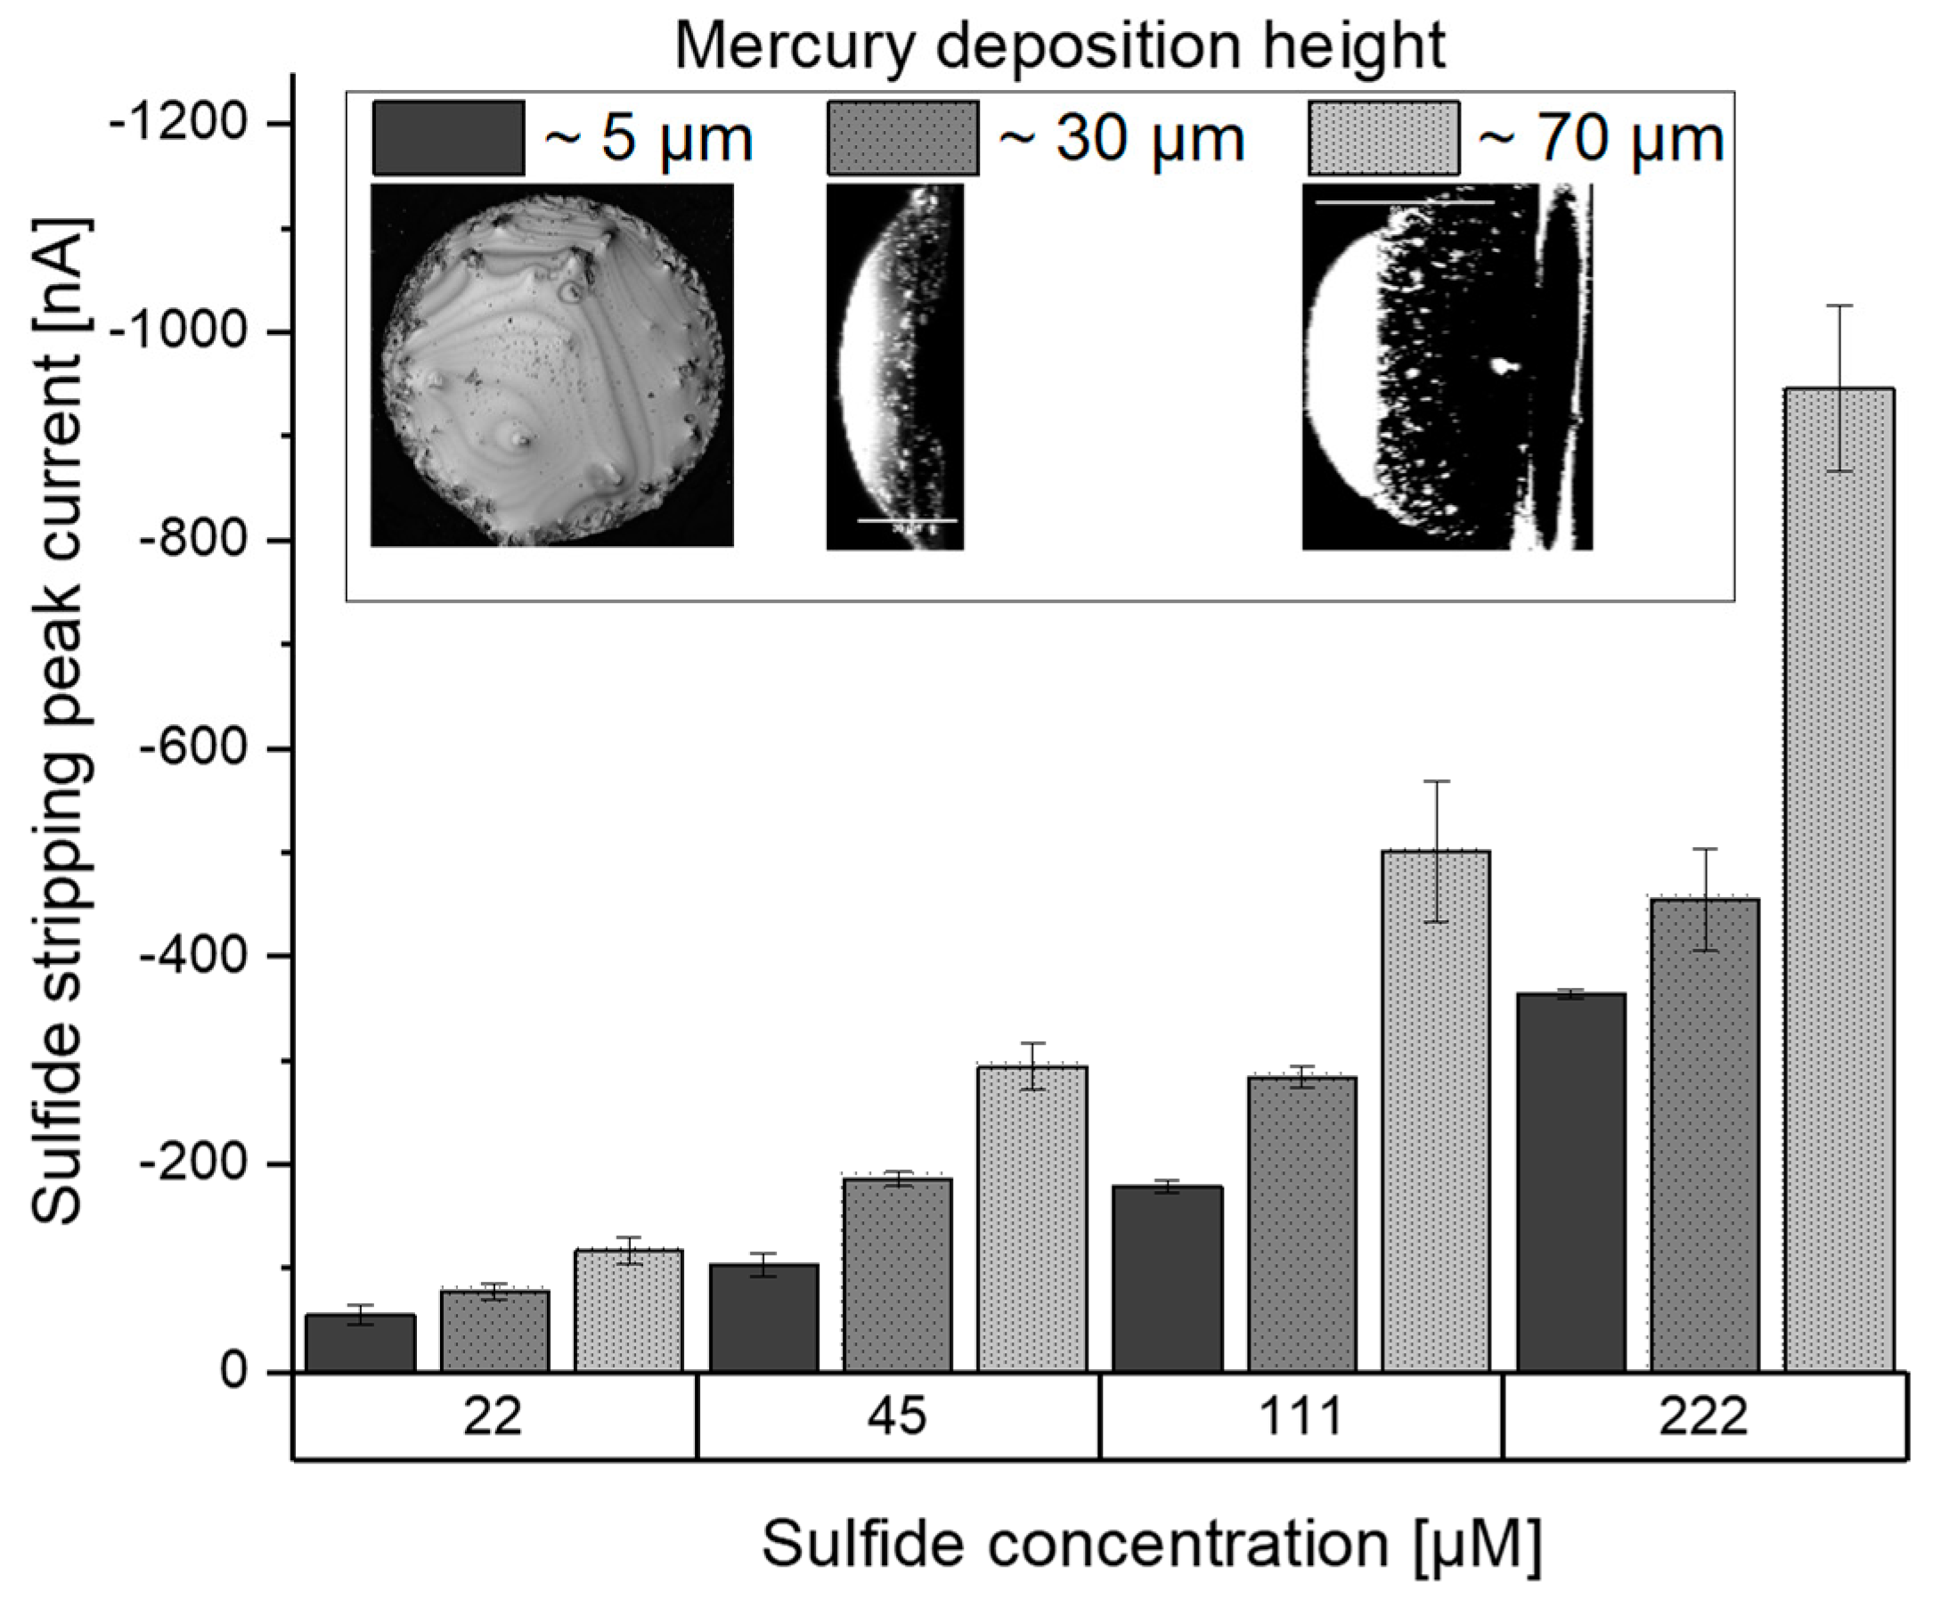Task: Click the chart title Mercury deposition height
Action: [1059, 46]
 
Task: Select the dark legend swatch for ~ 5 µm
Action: [448, 139]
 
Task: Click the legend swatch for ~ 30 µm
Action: [902, 139]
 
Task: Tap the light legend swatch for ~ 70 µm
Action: [1382, 139]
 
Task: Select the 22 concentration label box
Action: [493, 1416]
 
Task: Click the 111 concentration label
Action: [1301, 1416]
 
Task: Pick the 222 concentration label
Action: [1703, 1416]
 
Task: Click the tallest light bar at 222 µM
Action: [1839, 878]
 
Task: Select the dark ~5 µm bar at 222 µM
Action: [1570, 1183]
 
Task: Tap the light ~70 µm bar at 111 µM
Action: [1435, 1109]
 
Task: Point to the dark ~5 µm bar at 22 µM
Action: [361, 1343]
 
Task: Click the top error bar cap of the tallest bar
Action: [1839, 305]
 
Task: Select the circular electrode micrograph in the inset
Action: [551, 365]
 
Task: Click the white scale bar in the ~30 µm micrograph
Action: [906, 520]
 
